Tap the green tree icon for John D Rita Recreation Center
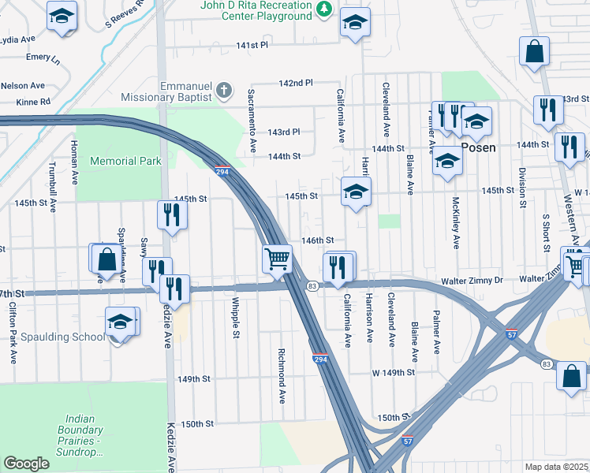[x=323, y=9]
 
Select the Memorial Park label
[x=125, y=161]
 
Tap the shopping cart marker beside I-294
[x=277, y=259]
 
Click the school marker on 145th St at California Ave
[x=356, y=192]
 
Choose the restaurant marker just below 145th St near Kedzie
[x=171, y=215]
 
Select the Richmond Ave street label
[x=282, y=375]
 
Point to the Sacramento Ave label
[x=252, y=120]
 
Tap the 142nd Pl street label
[x=296, y=83]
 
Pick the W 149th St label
[x=394, y=372]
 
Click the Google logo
[x=27, y=463]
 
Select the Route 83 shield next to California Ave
[x=312, y=285]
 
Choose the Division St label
[x=522, y=188]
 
